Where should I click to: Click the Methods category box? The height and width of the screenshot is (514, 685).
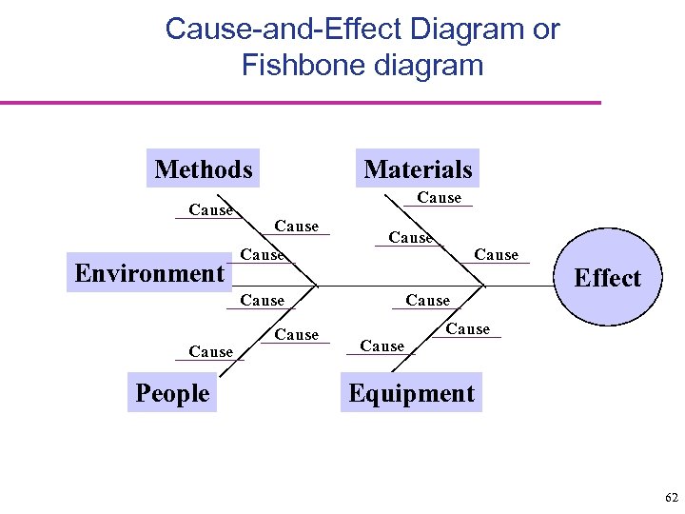[x=204, y=169]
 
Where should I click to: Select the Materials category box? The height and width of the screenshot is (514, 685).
[x=418, y=169]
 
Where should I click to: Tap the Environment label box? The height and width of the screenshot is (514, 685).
[x=149, y=274]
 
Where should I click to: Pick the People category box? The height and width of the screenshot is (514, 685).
[x=172, y=393]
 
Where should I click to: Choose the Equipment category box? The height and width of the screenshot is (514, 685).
[x=411, y=393]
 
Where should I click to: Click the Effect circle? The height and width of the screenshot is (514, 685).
[x=607, y=278]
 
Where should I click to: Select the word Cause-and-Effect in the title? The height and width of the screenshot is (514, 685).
[x=284, y=30]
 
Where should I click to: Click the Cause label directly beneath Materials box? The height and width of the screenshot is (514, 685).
[x=439, y=198]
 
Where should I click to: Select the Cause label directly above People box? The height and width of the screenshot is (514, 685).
[x=210, y=352]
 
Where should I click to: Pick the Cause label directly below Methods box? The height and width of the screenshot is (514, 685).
[x=210, y=210]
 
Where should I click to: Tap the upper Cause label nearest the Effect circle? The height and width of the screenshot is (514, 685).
[x=496, y=255]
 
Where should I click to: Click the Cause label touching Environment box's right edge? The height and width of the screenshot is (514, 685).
[x=262, y=255]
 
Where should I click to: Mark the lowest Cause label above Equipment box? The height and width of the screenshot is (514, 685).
[x=382, y=346]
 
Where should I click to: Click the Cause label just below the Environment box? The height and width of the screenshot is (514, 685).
[x=262, y=301]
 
